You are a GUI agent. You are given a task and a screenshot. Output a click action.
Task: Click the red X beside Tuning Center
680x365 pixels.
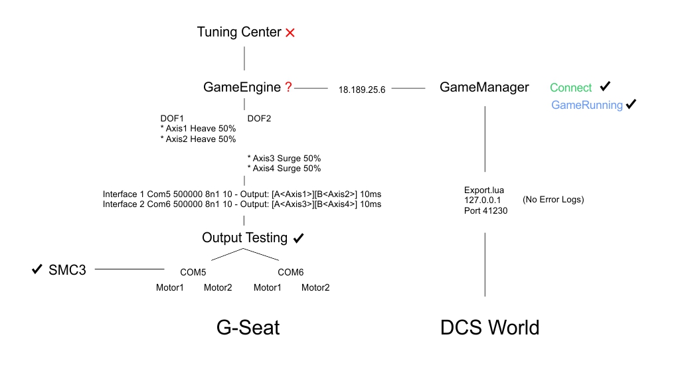pyautogui.click(x=290, y=33)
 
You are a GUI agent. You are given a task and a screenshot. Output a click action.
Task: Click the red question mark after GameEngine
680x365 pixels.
pyautogui.click(x=288, y=87)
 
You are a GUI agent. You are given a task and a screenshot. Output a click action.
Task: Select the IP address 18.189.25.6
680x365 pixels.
pyautogui.click(x=362, y=90)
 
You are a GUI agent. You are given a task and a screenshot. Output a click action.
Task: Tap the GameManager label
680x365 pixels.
pyautogui.click(x=484, y=87)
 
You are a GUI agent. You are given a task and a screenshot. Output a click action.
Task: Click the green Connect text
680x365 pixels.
pyautogui.click(x=570, y=88)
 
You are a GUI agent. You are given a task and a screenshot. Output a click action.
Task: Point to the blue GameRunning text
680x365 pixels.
pyautogui.click(x=587, y=105)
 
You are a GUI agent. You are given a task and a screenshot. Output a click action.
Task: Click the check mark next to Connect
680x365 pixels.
pyautogui.click(x=605, y=86)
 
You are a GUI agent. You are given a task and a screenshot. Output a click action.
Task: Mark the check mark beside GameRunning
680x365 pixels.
pyautogui.click(x=631, y=104)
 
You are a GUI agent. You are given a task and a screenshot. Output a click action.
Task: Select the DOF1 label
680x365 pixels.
pyautogui.click(x=172, y=118)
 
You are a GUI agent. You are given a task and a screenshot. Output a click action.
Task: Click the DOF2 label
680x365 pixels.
pyautogui.click(x=259, y=118)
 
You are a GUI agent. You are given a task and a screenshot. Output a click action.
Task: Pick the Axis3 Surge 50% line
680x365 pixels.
pyautogui.click(x=284, y=159)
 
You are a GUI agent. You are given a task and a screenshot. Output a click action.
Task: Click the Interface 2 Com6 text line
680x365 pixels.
pyautogui.click(x=242, y=204)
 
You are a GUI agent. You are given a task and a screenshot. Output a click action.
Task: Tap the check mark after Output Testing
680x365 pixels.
pyautogui.click(x=299, y=237)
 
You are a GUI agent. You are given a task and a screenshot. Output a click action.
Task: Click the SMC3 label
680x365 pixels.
pyautogui.click(x=67, y=270)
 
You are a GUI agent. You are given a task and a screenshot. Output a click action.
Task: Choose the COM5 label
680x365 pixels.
pyautogui.click(x=193, y=272)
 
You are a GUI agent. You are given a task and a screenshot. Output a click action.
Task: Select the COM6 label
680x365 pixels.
pyautogui.click(x=290, y=272)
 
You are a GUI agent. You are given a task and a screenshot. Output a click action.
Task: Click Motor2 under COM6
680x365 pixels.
pyautogui.click(x=315, y=287)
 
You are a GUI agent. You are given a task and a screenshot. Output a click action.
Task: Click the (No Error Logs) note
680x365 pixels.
pyautogui.click(x=553, y=199)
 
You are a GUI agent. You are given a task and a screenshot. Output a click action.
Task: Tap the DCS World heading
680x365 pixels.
pyautogui.click(x=489, y=328)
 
